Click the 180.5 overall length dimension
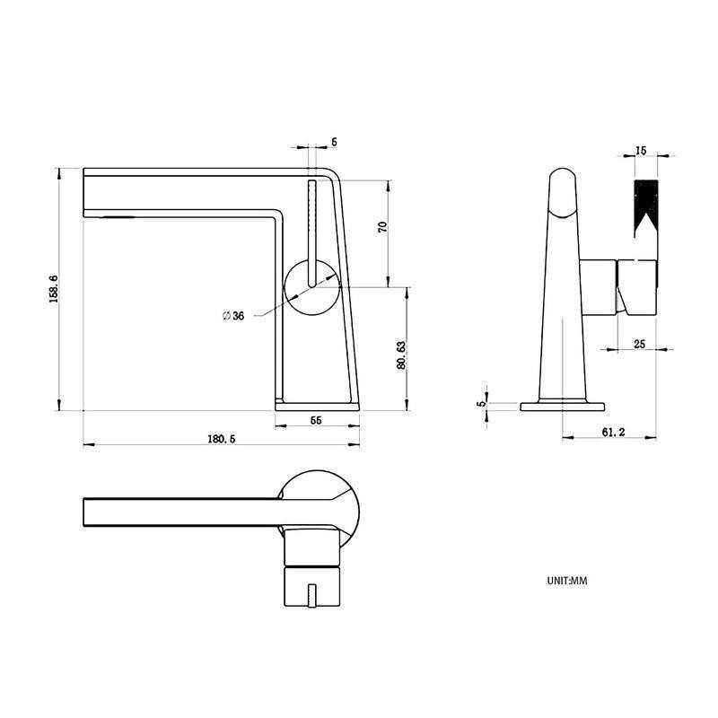tap(222, 439)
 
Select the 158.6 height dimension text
tap(53, 289)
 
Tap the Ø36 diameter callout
tap(233, 316)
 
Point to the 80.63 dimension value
tap(401, 355)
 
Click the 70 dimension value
tap(383, 227)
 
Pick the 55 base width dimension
tap(316, 420)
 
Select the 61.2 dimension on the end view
tap(613, 432)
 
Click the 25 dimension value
tap(639, 344)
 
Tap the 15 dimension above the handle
tap(641, 150)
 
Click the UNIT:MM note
tap(567, 581)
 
